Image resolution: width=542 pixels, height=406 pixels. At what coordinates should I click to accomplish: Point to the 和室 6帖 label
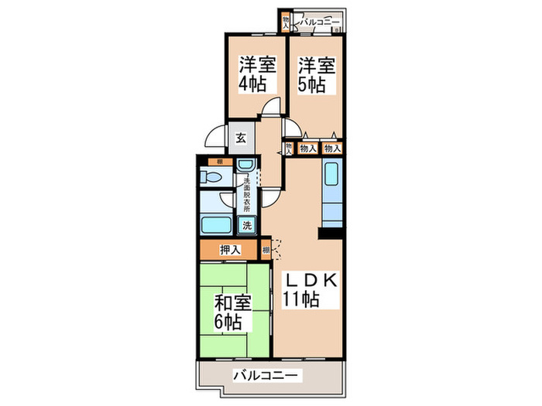(233, 312)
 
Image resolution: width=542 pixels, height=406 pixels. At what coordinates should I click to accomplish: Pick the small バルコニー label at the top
(321, 23)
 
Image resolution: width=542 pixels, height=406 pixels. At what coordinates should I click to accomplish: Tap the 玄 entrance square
(241, 139)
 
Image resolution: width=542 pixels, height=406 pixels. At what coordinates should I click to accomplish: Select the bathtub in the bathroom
(217, 226)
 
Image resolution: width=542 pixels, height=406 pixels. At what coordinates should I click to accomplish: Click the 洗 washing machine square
(247, 226)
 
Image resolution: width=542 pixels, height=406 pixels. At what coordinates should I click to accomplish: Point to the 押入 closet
(230, 250)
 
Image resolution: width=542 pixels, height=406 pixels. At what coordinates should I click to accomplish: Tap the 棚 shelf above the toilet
(220, 162)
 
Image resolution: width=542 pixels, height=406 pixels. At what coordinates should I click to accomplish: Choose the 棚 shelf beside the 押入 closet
(266, 250)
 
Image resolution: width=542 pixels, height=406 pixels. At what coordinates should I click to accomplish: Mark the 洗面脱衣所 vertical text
(247, 195)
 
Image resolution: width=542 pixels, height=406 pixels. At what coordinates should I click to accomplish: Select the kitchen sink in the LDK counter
(331, 177)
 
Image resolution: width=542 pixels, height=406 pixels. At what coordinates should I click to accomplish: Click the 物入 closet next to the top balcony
(286, 23)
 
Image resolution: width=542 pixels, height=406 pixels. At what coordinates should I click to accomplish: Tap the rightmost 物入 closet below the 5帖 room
(333, 148)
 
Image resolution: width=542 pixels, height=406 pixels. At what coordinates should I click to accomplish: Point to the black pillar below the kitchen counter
(331, 231)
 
